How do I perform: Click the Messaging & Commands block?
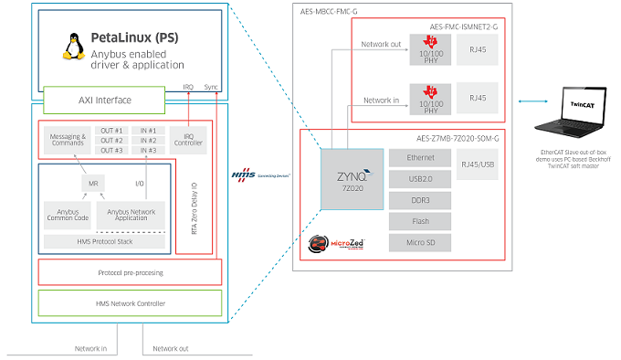[x=65, y=141]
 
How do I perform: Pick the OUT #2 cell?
[x=112, y=140]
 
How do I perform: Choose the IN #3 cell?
[x=148, y=150]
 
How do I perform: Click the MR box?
[x=92, y=184]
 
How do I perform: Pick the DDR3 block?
[x=416, y=198]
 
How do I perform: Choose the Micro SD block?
[x=416, y=241]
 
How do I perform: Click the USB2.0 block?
[x=416, y=177]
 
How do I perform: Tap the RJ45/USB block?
[x=479, y=165]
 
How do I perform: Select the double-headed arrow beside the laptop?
[x=529, y=101]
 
